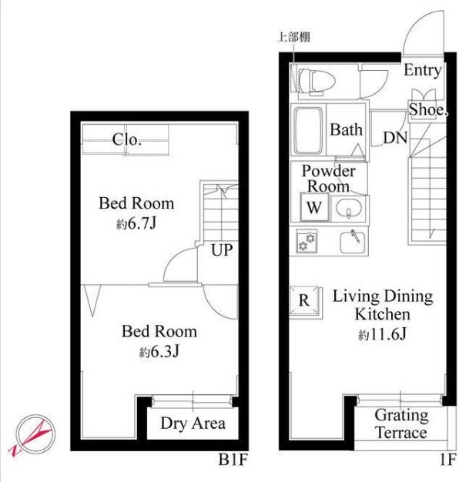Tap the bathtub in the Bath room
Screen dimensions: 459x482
tap(308, 131)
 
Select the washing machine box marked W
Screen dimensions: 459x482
tap(314, 207)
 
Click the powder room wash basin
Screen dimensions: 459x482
tap(349, 209)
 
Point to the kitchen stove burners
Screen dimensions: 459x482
tap(307, 242)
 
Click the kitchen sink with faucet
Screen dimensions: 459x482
tap(353, 242)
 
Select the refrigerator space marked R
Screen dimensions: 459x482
tap(304, 301)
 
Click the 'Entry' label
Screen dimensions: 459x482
tap(422, 71)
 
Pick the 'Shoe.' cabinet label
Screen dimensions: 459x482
tap(427, 110)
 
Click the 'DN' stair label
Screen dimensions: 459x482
tap(395, 138)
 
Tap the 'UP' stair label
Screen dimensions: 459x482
tap(222, 250)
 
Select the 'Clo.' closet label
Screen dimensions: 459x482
tap(126, 140)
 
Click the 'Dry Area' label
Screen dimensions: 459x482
tap(193, 423)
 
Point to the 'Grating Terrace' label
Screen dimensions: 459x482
tap(401, 424)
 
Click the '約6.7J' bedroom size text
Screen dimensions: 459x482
tap(136, 224)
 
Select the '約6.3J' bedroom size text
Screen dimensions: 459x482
tap(159, 352)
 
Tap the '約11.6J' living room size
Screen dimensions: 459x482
tap(383, 334)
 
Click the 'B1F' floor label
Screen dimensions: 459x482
tap(233, 460)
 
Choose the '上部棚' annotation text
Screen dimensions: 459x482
tap(294, 37)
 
